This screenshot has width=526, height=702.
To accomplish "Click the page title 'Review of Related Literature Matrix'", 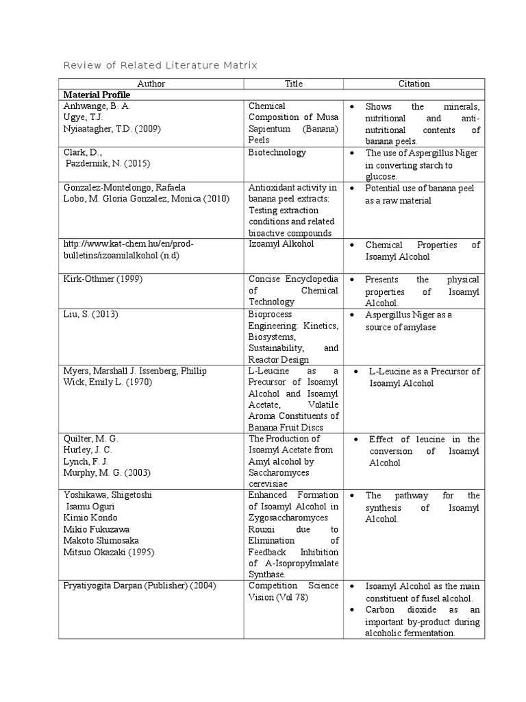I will click(160, 65).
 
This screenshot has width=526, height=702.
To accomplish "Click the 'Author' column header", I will click(151, 84).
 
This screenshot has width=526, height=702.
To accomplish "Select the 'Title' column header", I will click(293, 84).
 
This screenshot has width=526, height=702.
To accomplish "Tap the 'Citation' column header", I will click(414, 84).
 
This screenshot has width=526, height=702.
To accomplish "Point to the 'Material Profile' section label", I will click(96, 95).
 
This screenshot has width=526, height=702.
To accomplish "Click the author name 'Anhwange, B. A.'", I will click(97, 106).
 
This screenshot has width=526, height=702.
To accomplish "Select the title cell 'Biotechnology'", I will click(277, 152).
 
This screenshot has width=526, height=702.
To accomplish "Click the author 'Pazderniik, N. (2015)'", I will click(108, 164).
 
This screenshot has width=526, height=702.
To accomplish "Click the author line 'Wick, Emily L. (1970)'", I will click(108, 382).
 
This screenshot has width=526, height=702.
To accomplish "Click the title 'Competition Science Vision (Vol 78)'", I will click(293, 592).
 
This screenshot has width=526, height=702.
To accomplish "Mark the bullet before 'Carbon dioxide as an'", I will click(351, 609).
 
